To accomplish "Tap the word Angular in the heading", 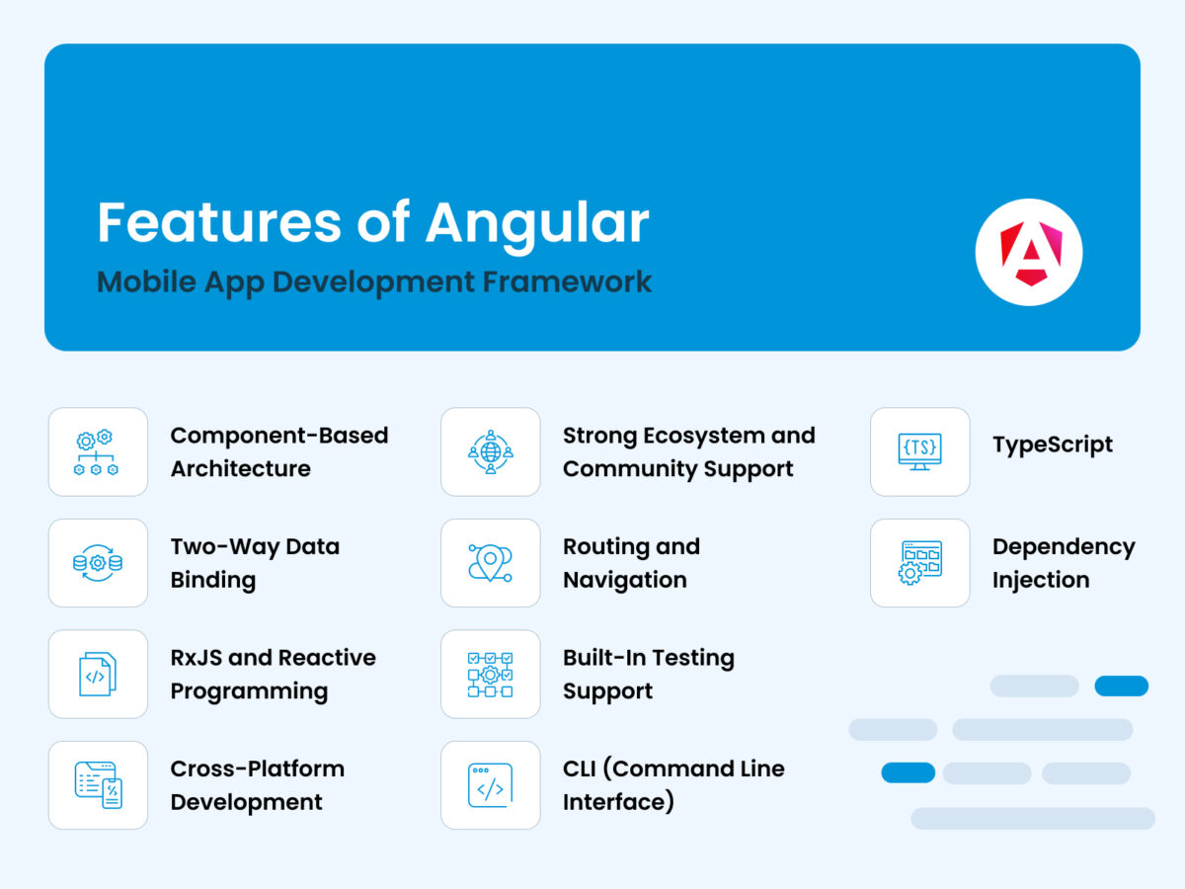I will (x=537, y=224).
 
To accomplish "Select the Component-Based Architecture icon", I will (x=98, y=452).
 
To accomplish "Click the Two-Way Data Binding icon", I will (x=98, y=563).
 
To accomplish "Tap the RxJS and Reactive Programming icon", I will (x=98, y=675).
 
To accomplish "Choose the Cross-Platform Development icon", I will (x=98, y=785).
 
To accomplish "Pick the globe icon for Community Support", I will (x=491, y=452).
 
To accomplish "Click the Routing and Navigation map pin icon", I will (x=491, y=563).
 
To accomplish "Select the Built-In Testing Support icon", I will (x=491, y=675).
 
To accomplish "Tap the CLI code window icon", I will (x=491, y=785).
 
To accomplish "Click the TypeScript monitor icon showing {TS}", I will (x=919, y=452).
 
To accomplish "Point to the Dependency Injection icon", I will (x=919, y=563).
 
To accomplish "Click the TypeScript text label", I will (x=1053, y=445).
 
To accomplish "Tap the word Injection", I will (x=1041, y=581).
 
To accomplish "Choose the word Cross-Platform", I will (x=258, y=768).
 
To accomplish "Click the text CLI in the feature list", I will (x=580, y=768).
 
